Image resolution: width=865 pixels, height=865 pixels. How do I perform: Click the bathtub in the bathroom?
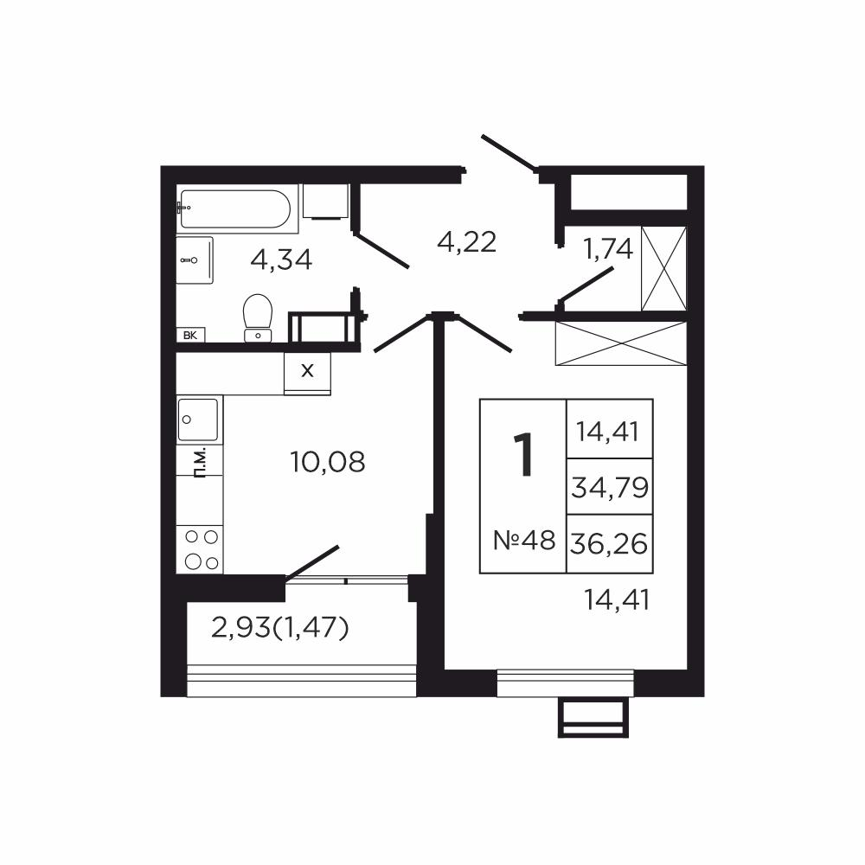(x=234, y=209)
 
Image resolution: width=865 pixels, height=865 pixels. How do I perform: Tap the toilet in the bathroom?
(x=258, y=318)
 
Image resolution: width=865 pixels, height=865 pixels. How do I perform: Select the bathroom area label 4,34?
(x=281, y=259)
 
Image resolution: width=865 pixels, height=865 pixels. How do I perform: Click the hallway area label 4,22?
(x=467, y=242)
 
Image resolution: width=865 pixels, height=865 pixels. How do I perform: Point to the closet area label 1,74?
(x=608, y=250)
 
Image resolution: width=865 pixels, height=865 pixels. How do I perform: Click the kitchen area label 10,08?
(x=328, y=462)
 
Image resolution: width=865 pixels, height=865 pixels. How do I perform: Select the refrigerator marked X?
(x=307, y=374)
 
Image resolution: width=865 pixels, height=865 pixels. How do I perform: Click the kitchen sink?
(x=198, y=420)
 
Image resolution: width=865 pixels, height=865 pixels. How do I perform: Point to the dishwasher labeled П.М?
(x=200, y=461)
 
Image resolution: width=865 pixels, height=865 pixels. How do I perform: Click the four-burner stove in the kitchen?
(x=200, y=549)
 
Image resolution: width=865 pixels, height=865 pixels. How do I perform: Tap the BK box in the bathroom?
(x=191, y=335)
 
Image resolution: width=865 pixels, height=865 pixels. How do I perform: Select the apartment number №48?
(x=524, y=540)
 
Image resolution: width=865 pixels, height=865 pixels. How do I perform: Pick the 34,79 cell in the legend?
(x=610, y=486)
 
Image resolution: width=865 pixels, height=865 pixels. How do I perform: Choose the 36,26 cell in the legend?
(x=610, y=544)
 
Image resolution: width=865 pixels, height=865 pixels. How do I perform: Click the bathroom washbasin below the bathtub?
(x=195, y=260)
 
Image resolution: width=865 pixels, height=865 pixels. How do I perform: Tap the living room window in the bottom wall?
(x=565, y=683)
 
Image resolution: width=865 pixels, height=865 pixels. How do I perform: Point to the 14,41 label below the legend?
(x=617, y=599)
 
